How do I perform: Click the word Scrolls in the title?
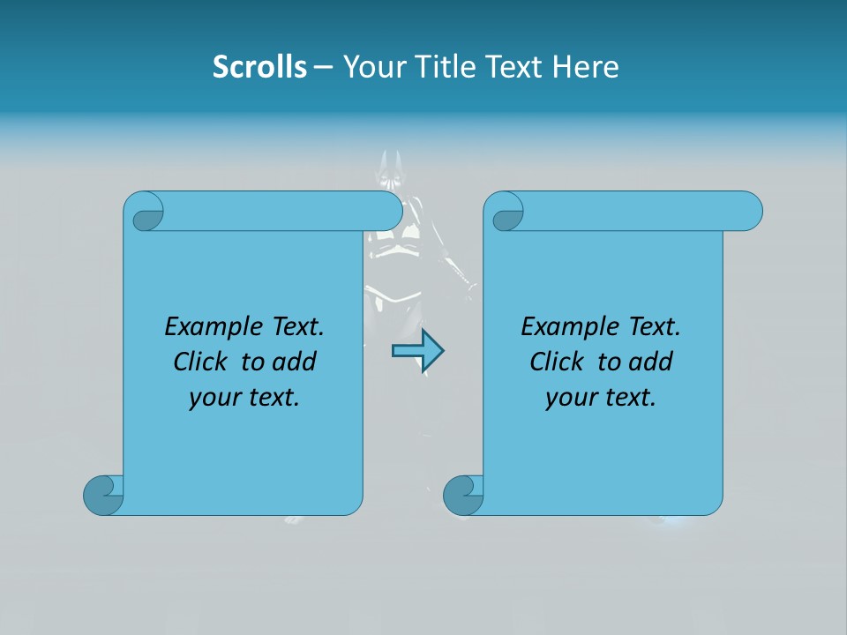click(x=259, y=67)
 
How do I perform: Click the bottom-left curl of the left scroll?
click(x=103, y=494)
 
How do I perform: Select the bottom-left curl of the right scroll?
click(x=463, y=494)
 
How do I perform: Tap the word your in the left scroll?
click(x=214, y=398)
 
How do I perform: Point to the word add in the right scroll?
click(x=652, y=362)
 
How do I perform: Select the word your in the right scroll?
click(x=570, y=398)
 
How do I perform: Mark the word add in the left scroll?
click(x=296, y=362)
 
